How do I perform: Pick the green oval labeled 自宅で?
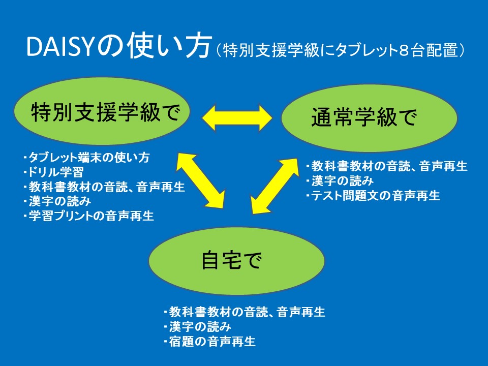pos(236,261)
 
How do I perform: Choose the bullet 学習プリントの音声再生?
pos(88,216)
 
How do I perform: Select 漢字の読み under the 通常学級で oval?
pos(339,181)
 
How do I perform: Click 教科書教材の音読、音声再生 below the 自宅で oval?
pos(245,312)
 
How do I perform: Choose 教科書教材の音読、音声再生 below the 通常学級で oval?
pos(386,166)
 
